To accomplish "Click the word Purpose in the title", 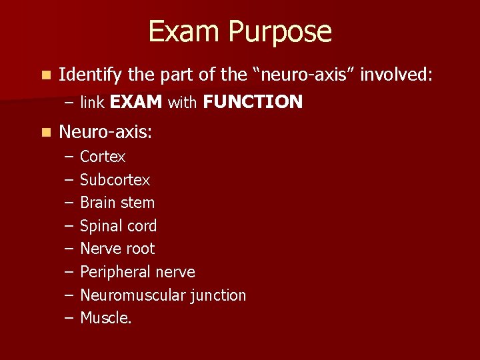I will pyautogui.click(x=281, y=33).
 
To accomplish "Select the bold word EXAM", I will pyautogui.click(x=136, y=102).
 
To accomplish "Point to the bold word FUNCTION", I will pyautogui.click(x=253, y=102).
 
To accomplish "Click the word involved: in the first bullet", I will pyautogui.click(x=397, y=75).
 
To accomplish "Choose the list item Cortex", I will pyautogui.click(x=103, y=157).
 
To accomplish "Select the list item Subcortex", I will pyautogui.click(x=115, y=180).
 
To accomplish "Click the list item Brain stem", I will pyautogui.click(x=117, y=203).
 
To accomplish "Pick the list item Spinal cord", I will pyautogui.click(x=118, y=226).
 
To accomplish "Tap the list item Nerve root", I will pyautogui.click(x=117, y=249).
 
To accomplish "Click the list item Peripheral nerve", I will pyautogui.click(x=137, y=272).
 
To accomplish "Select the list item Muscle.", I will pyautogui.click(x=106, y=318).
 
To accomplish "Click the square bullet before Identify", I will pyautogui.click(x=44, y=76).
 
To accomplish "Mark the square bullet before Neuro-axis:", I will pyautogui.click(x=44, y=133).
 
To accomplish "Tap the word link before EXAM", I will pyautogui.click(x=92, y=102).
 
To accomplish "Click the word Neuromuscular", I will pyautogui.click(x=131, y=295).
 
